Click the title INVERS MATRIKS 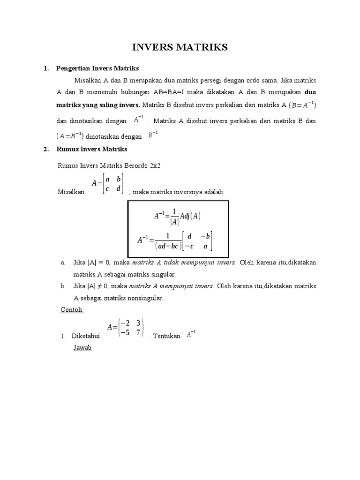pyautogui.click(x=180, y=47)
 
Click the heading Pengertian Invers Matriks pyautogui.click(x=97, y=68)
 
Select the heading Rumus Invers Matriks pyautogui.click(x=91, y=149)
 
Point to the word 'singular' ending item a pyautogui.click(x=162, y=274)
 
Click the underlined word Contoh pyautogui.click(x=72, y=310)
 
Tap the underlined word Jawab pyautogui.click(x=82, y=348)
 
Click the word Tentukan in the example pyautogui.click(x=166, y=337)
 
